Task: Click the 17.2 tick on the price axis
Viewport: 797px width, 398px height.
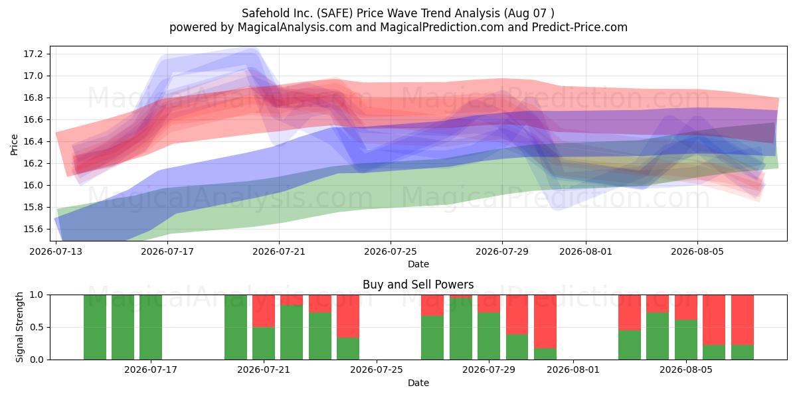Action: [x=33, y=54]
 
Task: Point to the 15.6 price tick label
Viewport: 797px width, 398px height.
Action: [x=33, y=230]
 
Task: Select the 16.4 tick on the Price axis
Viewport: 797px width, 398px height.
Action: [x=33, y=141]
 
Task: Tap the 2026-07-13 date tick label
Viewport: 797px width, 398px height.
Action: [x=56, y=251]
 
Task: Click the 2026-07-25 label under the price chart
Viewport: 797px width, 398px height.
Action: [x=391, y=251]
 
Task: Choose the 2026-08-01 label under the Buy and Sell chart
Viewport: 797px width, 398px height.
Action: [x=573, y=370]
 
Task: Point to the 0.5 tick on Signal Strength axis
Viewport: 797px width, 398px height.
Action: [x=37, y=327]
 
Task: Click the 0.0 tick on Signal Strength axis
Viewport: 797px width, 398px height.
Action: [x=37, y=360]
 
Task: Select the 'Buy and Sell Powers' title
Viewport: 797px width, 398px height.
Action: [x=418, y=285]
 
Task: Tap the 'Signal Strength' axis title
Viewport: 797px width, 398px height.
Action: [x=19, y=327]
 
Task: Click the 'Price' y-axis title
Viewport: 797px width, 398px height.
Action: [x=14, y=145]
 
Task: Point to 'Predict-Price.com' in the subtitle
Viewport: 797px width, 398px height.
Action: [x=580, y=27]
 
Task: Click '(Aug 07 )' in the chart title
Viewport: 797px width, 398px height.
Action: [x=529, y=13]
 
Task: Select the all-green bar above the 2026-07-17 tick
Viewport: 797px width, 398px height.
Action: [x=151, y=327]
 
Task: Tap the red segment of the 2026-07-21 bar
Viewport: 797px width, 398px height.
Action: [x=264, y=311]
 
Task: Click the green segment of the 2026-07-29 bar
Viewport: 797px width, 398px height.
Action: [x=489, y=336]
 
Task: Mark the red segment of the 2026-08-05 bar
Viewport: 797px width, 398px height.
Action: [x=686, y=307]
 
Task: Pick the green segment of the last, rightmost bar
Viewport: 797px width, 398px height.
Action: [x=743, y=352]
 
